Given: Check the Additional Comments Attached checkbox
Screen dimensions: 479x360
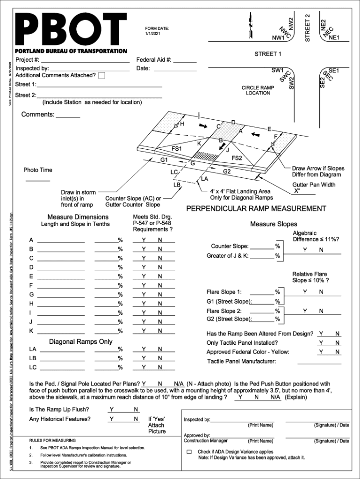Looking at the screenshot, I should click(102, 76).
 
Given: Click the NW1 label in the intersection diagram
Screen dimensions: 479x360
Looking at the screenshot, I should click(279, 37).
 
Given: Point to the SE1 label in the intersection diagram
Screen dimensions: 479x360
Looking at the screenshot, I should click(334, 71).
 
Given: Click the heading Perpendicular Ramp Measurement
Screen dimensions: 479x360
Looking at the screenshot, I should click(256, 209).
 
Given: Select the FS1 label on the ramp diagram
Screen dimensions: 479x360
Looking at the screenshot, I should click(177, 148).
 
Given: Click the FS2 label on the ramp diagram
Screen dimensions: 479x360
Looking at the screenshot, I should click(237, 158).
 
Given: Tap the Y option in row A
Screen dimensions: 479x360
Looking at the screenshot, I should click(144, 240).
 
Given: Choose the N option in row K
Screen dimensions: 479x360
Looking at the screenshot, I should click(160, 331).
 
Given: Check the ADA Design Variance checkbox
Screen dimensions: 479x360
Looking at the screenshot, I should click(189, 452).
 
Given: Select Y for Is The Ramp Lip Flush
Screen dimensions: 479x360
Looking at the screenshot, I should click(111, 410).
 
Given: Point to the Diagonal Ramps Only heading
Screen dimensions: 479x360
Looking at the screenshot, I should click(81, 341).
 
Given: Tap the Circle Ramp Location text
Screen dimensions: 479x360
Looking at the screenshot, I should click(258, 90).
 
